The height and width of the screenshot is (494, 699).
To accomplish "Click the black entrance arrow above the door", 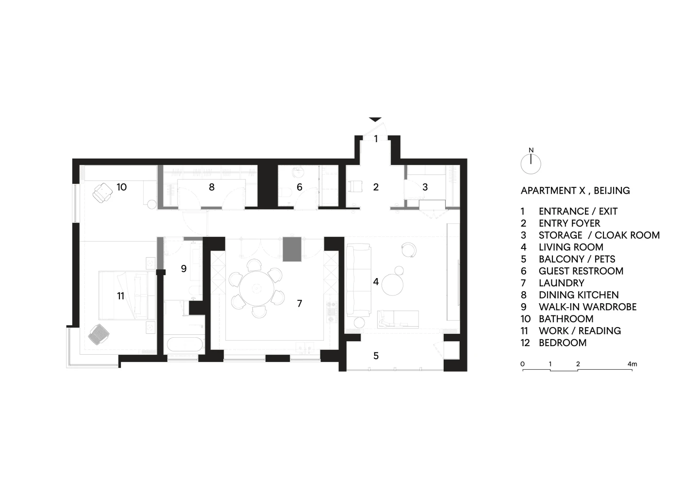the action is [375, 119].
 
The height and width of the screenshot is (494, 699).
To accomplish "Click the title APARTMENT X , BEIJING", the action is [575, 191].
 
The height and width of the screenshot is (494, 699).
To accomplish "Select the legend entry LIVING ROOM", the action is [571, 247].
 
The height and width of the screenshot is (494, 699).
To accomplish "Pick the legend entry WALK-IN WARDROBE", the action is [587, 307].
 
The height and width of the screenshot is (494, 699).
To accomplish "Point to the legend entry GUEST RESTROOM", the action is [581, 271].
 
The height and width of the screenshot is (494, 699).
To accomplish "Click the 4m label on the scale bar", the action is [632, 364].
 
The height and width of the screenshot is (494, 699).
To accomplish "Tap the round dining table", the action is [256, 289].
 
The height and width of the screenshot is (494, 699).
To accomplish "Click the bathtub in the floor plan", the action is [185, 345].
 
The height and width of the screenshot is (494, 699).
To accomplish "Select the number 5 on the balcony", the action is [376, 356].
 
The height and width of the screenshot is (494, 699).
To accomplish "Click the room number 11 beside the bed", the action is [121, 296].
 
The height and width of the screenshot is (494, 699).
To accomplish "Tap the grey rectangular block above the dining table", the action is [292, 249].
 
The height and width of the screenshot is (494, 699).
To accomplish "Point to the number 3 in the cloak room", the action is [425, 187].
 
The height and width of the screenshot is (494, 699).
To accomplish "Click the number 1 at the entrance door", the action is [376, 139].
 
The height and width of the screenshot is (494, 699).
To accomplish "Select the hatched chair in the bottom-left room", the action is [99, 334].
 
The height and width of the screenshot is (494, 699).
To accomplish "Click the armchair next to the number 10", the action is [102, 193].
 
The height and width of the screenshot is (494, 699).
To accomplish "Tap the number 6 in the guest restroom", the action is [300, 187].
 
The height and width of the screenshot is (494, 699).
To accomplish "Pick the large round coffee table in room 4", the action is [393, 284].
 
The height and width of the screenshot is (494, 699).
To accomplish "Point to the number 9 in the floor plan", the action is [184, 268].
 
